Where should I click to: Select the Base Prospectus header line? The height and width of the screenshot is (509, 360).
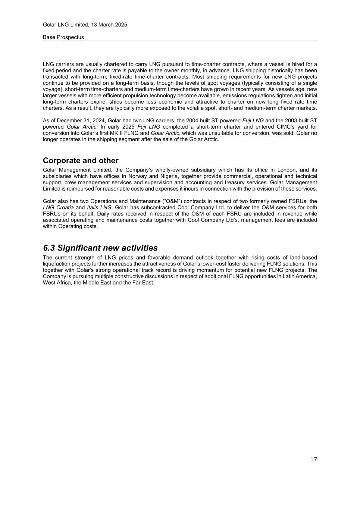pos(63,37)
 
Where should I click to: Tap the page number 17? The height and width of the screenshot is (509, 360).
pos(313,459)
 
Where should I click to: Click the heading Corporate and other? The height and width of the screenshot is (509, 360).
pos(81,161)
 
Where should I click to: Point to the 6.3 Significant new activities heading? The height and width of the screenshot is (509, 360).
pos(100,248)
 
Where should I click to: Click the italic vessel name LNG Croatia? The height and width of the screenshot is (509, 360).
pos(58,207)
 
